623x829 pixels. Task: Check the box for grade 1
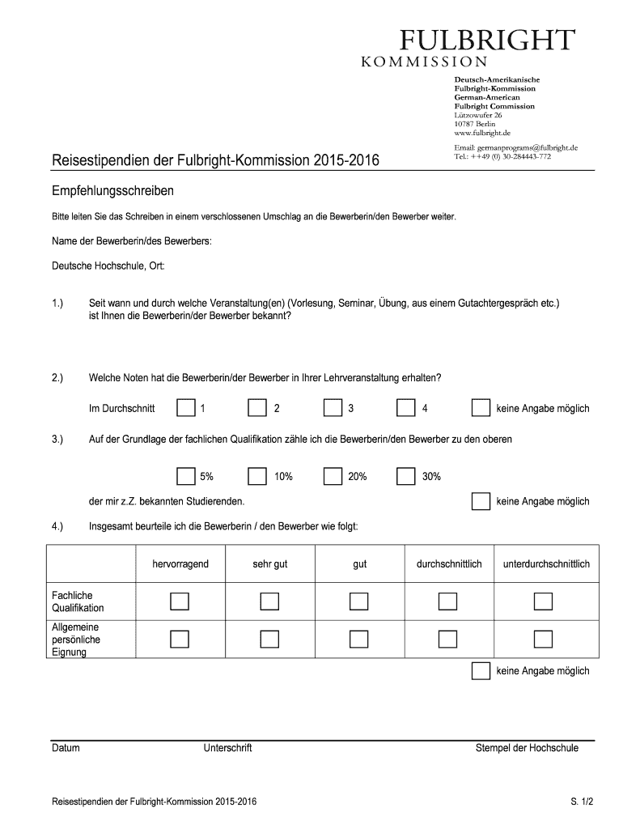click(x=186, y=408)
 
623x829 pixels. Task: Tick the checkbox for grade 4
click(x=406, y=408)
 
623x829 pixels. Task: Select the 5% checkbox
click(x=186, y=476)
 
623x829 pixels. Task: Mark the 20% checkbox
click(x=333, y=476)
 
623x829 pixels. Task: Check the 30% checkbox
click(x=406, y=476)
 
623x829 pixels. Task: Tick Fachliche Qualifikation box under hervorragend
click(x=180, y=601)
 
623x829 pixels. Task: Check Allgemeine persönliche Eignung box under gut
click(x=359, y=639)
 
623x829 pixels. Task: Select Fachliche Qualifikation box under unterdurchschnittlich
click(x=543, y=601)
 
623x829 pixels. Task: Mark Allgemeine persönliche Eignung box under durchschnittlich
click(x=447, y=639)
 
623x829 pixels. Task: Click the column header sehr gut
click(x=269, y=563)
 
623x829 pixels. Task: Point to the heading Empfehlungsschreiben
click(x=113, y=192)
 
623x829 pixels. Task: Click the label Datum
click(x=66, y=748)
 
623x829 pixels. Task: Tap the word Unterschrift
click(x=228, y=748)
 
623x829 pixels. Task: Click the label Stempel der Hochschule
click(x=527, y=748)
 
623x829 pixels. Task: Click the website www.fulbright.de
click(x=482, y=132)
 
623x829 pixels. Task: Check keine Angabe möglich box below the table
click(x=481, y=670)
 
